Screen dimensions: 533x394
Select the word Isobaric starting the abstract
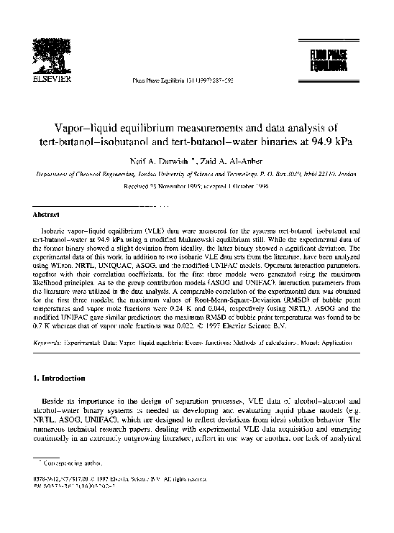[x=59, y=230]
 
